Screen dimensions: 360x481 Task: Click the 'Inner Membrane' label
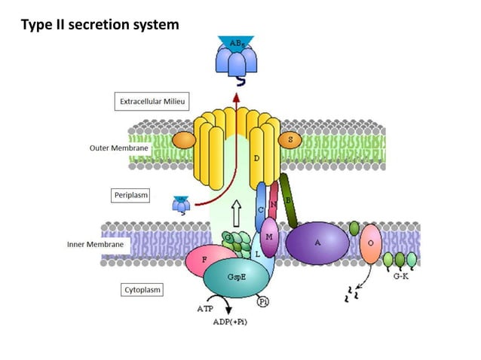(x=95, y=245)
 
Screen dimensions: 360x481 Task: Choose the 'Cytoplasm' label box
(x=142, y=289)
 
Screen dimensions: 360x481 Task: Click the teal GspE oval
(x=235, y=278)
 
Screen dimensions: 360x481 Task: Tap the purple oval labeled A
(x=317, y=243)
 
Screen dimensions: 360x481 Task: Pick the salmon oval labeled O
(x=369, y=243)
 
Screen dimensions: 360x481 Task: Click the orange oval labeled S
(x=290, y=140)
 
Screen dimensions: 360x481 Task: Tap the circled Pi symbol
(x=263, y=301)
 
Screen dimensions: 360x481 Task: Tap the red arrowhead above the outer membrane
(x=236, y=99)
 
